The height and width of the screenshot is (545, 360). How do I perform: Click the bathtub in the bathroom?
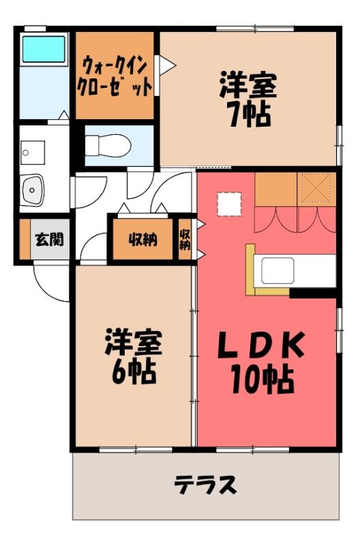click(44, 49)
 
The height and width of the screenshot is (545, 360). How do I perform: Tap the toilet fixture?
click(108, 145)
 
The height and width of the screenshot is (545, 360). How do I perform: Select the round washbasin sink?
click(33, 190)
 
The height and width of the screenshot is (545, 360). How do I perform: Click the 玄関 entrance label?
click(50, 240)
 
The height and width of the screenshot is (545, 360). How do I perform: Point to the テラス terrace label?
click(205, 484)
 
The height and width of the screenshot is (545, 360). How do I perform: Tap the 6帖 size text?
click(133, 372)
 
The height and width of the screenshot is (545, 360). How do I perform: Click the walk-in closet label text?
click(115, 76)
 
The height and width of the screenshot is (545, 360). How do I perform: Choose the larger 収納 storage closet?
click(142, 239)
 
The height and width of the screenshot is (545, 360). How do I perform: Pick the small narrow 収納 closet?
click(185, 239)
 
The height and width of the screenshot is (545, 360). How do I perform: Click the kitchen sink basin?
click(278, 271)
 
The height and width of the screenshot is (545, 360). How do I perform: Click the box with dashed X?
click(316, 189)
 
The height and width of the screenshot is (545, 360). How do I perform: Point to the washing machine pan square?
click(33, 153)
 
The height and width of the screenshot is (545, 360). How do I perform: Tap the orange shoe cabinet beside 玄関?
click(25, 240)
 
